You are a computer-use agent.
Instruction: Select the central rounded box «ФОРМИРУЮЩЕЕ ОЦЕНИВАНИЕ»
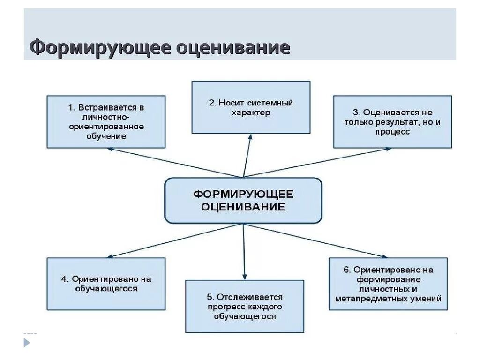pos(243,200)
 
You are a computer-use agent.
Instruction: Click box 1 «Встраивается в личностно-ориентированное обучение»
pos(106,122)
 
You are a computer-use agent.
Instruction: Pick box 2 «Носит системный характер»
pos(251,107)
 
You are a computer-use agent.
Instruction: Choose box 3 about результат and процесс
pos(392,122)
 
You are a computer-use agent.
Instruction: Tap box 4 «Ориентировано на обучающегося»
pos(106,284)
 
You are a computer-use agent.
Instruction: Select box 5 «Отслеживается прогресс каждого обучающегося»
pos(244,307)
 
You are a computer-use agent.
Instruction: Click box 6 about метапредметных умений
pos(388,284)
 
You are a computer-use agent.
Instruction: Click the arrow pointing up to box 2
pos(247,155)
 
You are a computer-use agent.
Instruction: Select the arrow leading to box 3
pos(319,162)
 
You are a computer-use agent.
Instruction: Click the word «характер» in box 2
pos(251,113)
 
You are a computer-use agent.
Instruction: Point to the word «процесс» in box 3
pos(392,132)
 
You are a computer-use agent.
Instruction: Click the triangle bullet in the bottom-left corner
pos(27,343)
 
